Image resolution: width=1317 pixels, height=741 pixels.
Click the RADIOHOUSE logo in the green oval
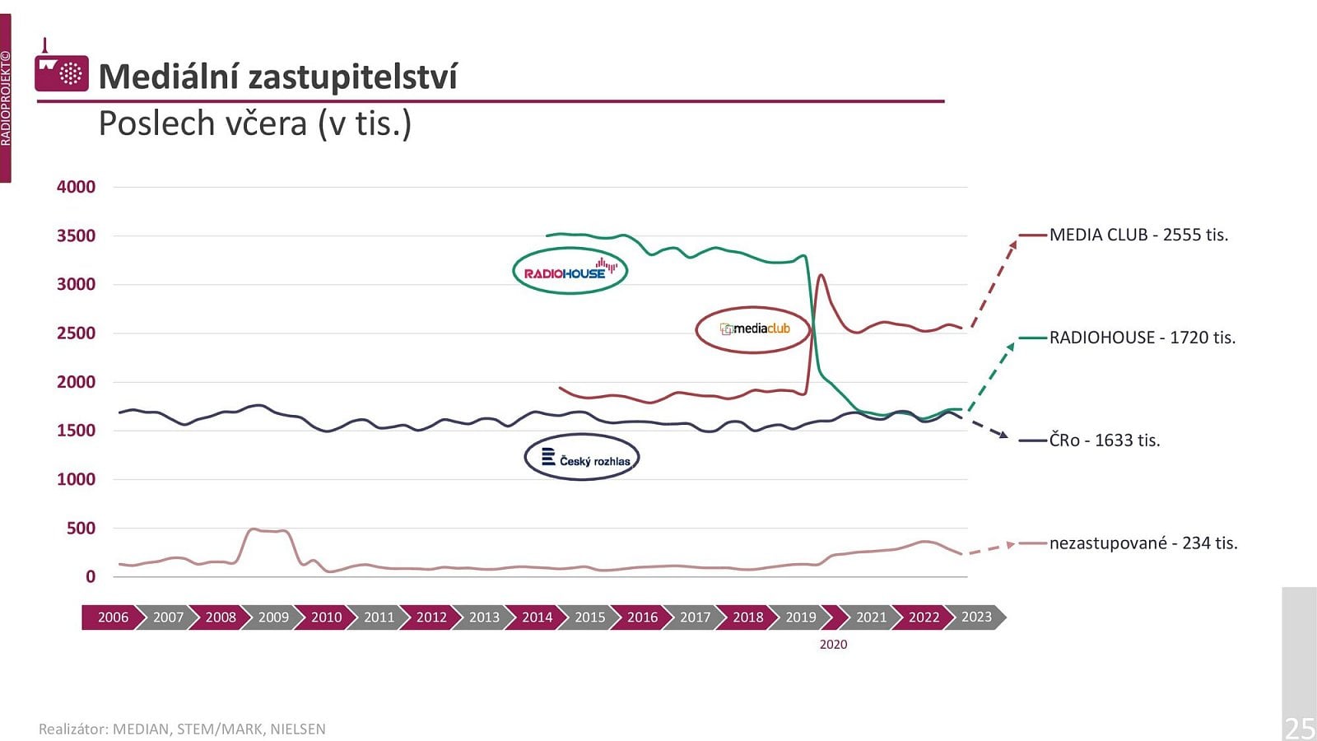tap(570, 271)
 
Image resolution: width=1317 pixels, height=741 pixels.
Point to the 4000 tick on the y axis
tap(76, 187)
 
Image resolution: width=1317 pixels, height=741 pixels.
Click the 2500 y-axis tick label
tap(76, 333)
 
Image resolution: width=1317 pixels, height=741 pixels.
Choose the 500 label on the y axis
tap(81, 528)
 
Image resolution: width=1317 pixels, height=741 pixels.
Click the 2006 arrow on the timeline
tap(113, 617)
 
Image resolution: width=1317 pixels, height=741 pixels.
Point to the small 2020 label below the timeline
tap(833, 645)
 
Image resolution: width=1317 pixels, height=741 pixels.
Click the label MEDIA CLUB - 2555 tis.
tap(1139, 235)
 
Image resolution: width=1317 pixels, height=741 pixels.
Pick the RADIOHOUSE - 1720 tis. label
tap(1142, 338)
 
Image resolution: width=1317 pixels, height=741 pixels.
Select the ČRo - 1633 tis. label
tap(1105, 440)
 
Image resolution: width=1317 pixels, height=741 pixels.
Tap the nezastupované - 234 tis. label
tap(1143, 543)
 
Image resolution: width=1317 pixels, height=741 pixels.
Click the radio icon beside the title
tap(62, 69)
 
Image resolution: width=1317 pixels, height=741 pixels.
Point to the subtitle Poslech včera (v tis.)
tap(254, 123)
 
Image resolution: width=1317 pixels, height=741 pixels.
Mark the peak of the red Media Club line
tap(821, 275)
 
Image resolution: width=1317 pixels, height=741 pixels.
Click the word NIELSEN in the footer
tap(297, 729)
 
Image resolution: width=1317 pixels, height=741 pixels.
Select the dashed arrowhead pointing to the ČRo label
tap(1003, 435)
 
